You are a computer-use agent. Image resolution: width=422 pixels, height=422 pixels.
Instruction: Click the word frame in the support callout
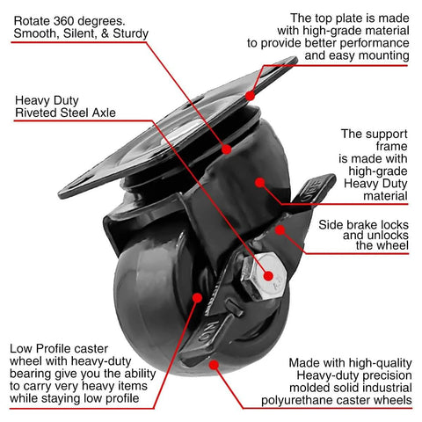coord(378,149)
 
